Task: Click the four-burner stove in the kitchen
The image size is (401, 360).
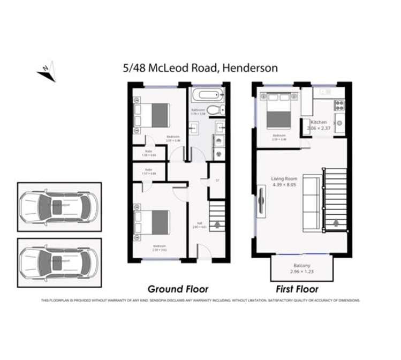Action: tap(338, 104)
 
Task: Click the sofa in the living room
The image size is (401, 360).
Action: tap(312, 200)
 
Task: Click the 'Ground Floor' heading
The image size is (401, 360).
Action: tap(178, 289)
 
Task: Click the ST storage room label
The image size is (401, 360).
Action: tap(217, 181)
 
